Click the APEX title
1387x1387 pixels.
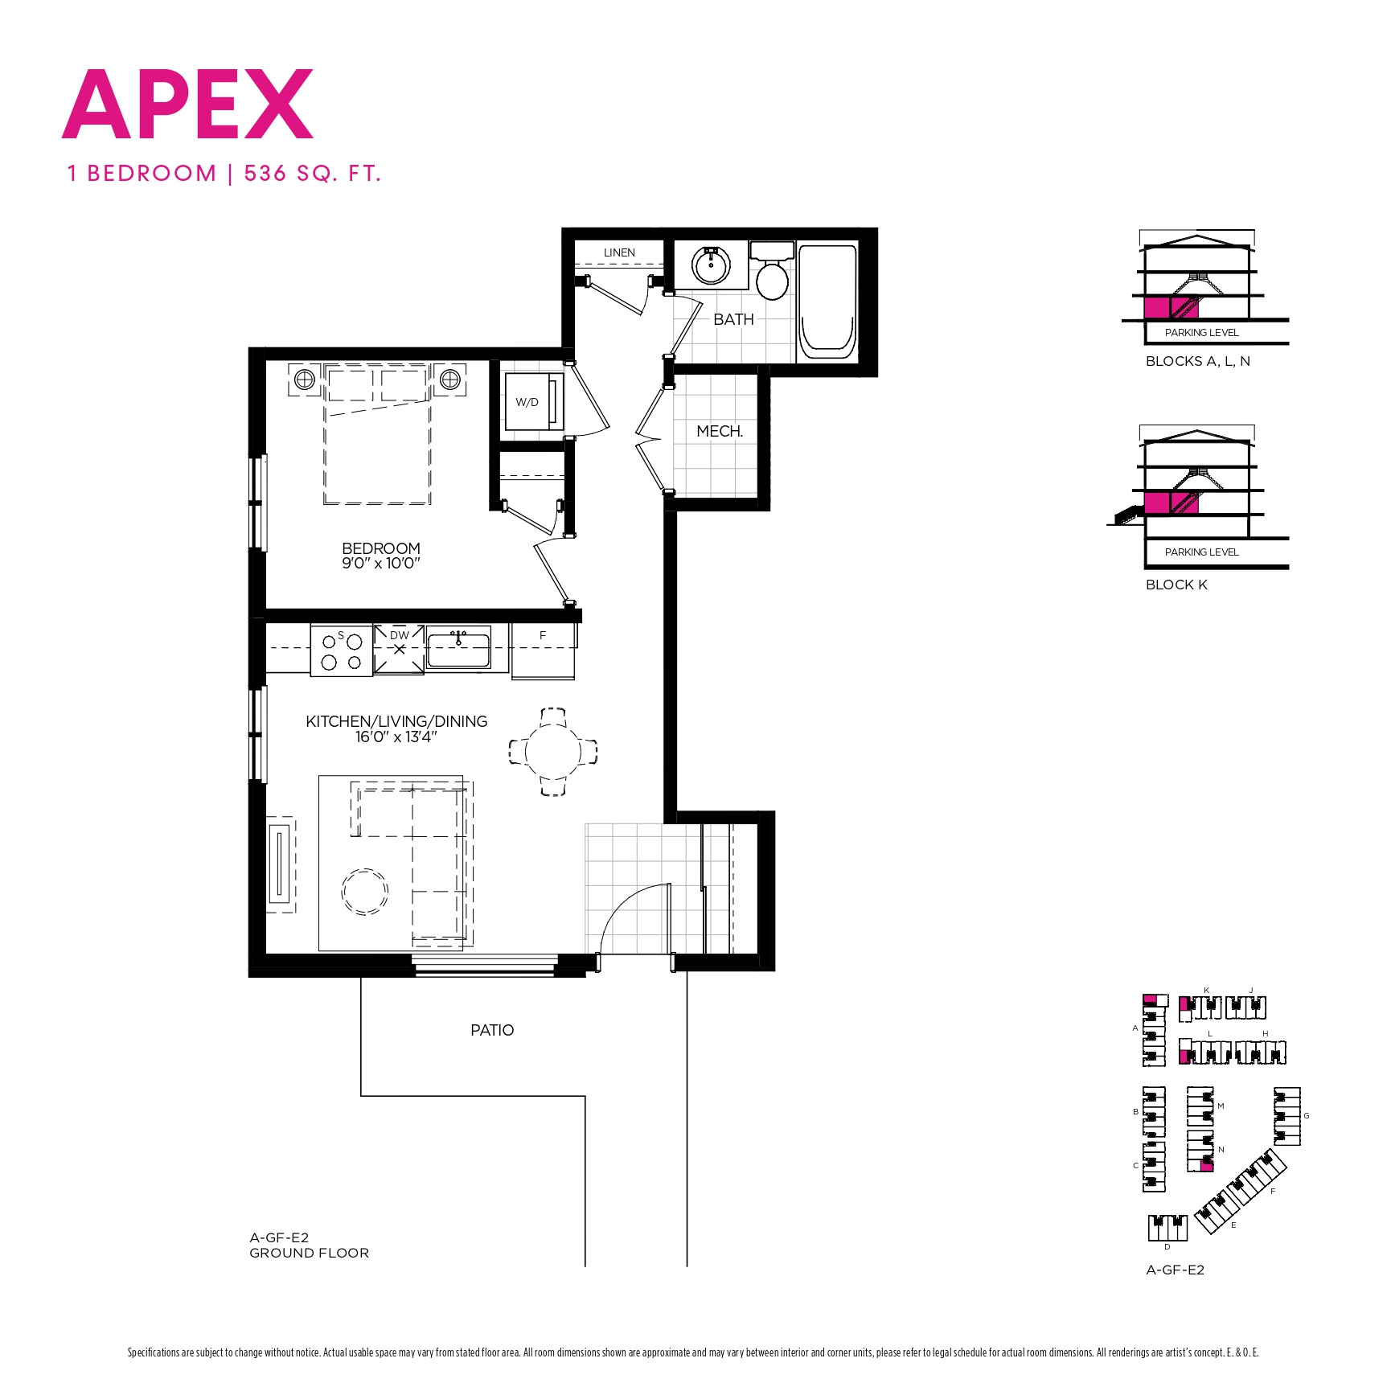(x=187, y=105)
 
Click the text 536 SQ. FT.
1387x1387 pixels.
(x=312, y=174)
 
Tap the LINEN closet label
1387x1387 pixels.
(x=619, y=252)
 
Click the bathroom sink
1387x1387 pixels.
(x=711, y=265)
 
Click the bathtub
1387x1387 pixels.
(x=827, y=302)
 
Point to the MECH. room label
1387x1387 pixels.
(x=719, y=431)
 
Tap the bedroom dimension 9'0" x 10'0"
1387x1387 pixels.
(x=380, y=564)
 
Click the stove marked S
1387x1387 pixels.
(x=342, y=651)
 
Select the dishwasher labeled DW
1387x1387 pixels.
(x=399, y=648)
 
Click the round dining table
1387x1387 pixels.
(x=552, y=752)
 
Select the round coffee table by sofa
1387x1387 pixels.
(x=365, y=892)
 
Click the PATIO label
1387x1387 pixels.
(x=492, y=1030)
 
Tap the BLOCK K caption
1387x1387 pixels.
(x=1176, y=585)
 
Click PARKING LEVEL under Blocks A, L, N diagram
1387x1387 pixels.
(x=1201, y=333)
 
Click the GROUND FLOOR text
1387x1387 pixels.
(x=309, y=1253)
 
